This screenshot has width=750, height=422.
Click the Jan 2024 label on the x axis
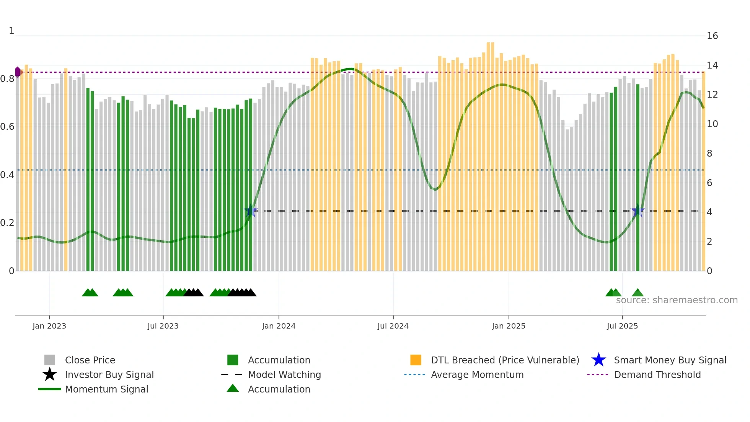pos(279,326)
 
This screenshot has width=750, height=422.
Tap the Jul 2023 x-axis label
pos(163,326)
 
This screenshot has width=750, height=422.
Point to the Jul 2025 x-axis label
pos(622,326)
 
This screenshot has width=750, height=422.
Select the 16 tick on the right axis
pos(712,36)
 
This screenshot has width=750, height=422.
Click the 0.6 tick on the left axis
pos(7,127)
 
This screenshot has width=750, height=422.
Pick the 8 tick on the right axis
pos(709,154)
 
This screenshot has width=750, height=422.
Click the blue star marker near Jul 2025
pos(637,211)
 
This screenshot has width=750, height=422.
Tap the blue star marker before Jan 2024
pos(251,211)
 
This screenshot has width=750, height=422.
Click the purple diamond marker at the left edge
pos(18,72)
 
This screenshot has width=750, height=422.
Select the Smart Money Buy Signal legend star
pos(598,360)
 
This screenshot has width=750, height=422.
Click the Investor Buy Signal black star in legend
pos(50,375)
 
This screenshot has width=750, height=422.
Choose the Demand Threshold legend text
pos(657,375)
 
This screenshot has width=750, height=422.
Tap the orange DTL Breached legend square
pos(416,360)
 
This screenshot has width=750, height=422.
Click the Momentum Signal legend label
pos(106,389)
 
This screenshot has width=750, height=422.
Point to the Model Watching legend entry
pos(284,375)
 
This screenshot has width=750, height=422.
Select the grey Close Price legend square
pos(50,360)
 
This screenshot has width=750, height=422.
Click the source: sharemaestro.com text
pos(677,300)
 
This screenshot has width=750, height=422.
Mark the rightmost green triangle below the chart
pos(637,293)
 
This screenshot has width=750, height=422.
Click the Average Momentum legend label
pos(477,375)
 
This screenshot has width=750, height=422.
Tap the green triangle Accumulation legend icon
pos(233,388)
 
